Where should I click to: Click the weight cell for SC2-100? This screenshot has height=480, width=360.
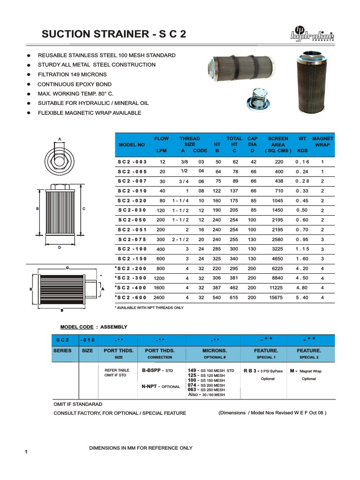302,249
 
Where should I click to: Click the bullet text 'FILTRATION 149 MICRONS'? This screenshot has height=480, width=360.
72,75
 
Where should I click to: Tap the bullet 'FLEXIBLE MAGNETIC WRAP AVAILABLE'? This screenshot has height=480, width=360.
89,113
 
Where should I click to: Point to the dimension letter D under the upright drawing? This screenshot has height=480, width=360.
60,247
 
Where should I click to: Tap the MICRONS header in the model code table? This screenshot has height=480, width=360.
215,351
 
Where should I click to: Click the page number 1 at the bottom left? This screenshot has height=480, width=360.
27,451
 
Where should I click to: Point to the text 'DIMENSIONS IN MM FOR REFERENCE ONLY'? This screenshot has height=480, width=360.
141,448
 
